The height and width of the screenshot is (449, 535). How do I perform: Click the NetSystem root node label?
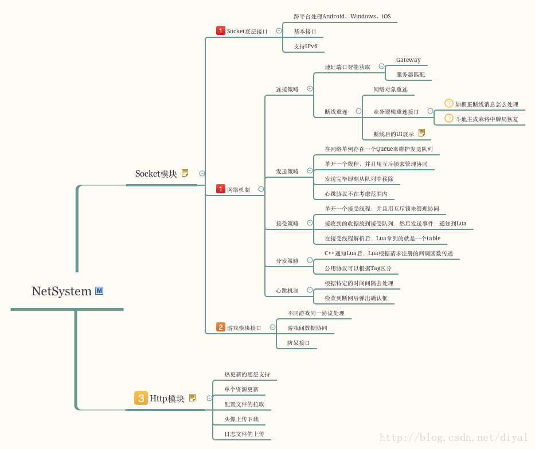[x=61, y=291]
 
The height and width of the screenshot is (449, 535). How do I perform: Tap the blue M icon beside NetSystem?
[x=99, y=291]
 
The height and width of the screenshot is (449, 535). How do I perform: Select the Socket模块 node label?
[x=156, y=174]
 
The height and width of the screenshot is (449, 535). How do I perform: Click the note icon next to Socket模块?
[x=185, y=173]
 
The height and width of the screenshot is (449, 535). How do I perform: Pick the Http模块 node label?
[x=167, y=399]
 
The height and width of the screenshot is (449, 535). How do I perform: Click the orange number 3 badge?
[x=140, y=398]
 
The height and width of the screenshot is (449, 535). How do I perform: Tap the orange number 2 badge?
[x=221, y=327]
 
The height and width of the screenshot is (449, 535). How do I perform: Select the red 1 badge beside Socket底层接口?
[x=221, y=30]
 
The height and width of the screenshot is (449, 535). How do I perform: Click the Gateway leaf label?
[x=408, y=60]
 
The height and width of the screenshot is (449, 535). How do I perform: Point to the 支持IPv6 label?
[x=306, y=46]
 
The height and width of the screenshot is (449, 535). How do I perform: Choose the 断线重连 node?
[x=336, y=112]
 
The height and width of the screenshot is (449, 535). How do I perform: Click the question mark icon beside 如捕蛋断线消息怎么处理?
[x=449, y=103]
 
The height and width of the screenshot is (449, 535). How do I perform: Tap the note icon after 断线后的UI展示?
[x=421, y=133]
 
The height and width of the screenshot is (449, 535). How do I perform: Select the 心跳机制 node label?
[x=287, y=291]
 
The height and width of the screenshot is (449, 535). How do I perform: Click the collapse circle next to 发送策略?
[x=310, y=170]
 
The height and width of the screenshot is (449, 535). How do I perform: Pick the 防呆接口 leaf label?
[x=299, y=343]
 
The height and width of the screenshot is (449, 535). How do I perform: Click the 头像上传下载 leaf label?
[x=241, y=419]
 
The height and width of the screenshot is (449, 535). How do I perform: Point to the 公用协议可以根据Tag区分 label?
[x=358, y=268]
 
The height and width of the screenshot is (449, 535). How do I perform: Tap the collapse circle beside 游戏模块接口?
[x=272, y=327]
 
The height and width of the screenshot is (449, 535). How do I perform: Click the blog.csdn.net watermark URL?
[x=453, y=438]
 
